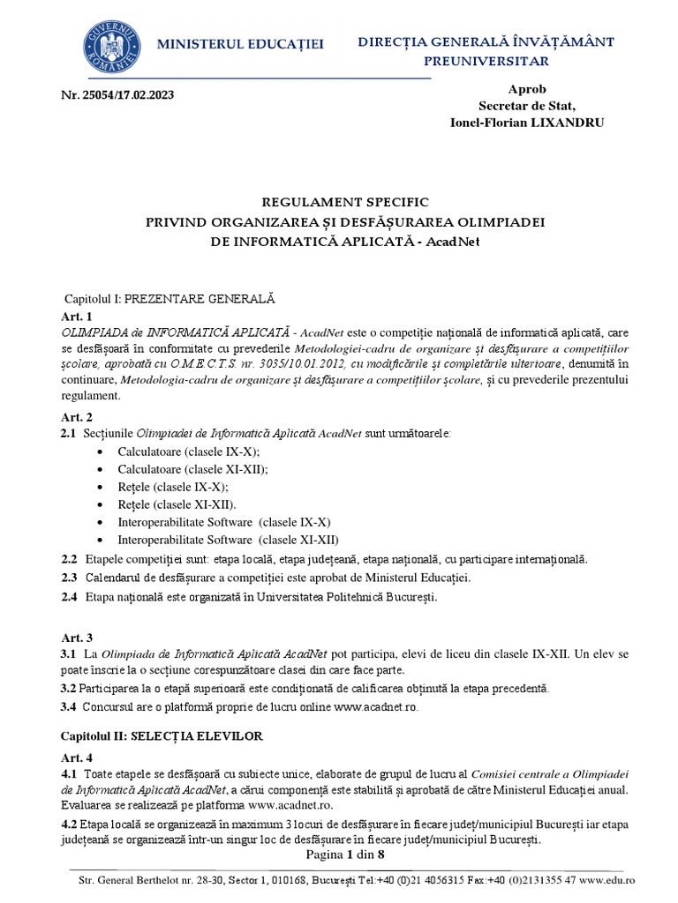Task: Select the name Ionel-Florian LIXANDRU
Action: coord(528,123)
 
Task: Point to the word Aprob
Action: coord(527,90)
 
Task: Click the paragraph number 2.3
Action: coord(69,578)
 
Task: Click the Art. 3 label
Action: coord(77,637)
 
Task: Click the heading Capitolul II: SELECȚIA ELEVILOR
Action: coord(162,735)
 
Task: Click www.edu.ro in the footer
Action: coord(614,880)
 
